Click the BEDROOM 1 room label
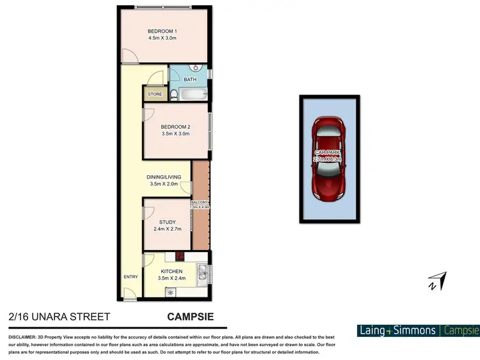(x=162, y=31)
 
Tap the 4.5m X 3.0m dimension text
(x=162, y=38)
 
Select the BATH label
(x=190, y=80)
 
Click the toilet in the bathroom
(x=173, y=95)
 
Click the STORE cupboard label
(x=155, y=95)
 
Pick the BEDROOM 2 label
(x=175, y=127)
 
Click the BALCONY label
(x=199, y=201)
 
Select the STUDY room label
(x=167, y=222)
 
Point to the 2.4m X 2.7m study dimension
(x=167, y=229)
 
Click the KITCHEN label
(x=171, y=272)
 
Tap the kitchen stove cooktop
(x=180, y=257)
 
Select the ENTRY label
(x=131, y=277)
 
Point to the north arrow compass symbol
(x=438, y=281)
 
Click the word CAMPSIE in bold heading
(x=190, y=317)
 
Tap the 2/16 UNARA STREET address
(x=60, y=317)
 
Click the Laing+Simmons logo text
(x=397, y=331)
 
